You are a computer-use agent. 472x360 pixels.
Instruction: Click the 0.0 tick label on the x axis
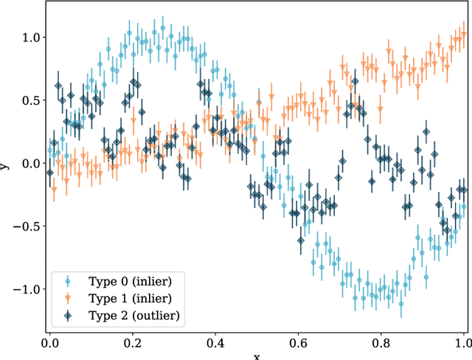(x=50, y=343)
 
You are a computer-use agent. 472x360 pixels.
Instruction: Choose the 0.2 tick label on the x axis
(x=133, y=343)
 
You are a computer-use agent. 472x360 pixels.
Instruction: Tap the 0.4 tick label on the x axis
(x=215, y=343)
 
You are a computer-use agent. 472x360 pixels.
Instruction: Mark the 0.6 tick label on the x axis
(x=298, y=343)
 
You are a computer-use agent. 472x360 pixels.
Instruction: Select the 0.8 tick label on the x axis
(x=381, y=343)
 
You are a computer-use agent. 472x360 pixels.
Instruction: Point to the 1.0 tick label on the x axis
(x=462, y=343)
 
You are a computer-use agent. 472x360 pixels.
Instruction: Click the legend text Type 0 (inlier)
(x=131, y=281)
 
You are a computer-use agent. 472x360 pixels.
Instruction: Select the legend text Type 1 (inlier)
(x=131, y=298)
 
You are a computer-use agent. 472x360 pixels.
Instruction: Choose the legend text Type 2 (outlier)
(x=134, y=315)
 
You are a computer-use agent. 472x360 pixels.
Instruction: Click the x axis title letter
(x=257, y=357)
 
